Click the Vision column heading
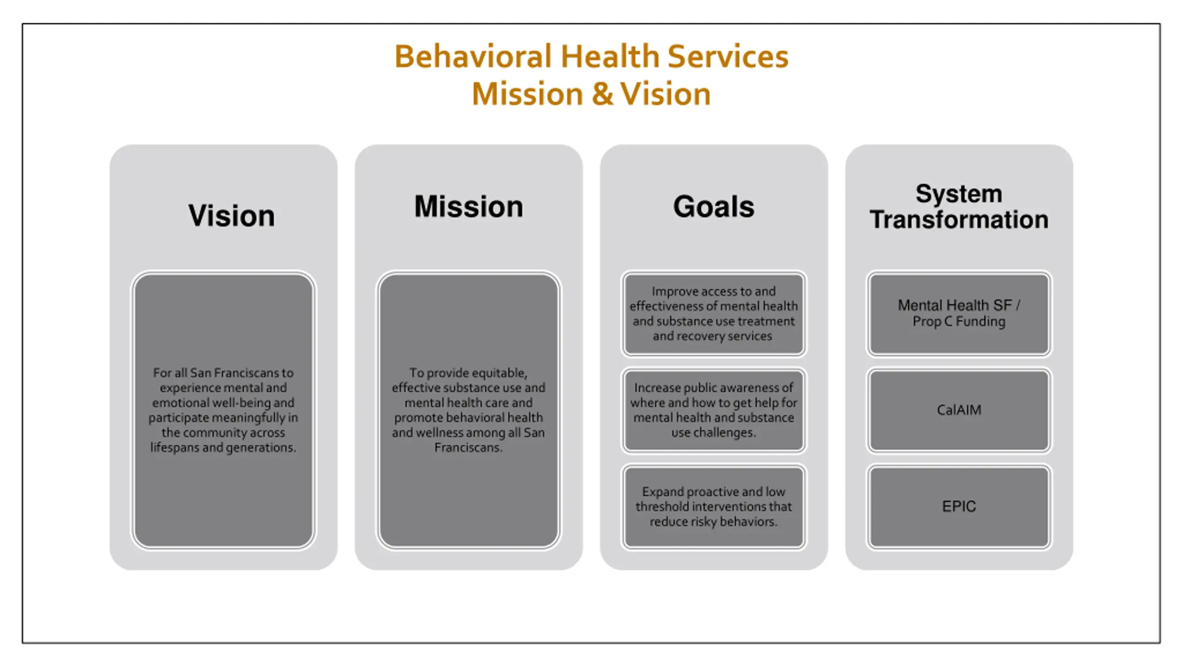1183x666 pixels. (231, 216)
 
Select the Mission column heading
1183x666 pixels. (469, 206)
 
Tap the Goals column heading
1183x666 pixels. (713, 206)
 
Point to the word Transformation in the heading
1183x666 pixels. (959, 219)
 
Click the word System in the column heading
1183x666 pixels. (959, 193)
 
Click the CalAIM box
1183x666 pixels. (959, 410)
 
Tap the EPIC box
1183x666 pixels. (959, 506)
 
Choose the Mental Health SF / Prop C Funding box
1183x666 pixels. (959, 314)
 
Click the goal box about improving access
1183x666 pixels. (713, 314)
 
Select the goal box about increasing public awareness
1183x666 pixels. (713, 410)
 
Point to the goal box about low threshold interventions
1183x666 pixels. (713, 506)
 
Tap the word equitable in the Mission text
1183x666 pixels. (499, 373)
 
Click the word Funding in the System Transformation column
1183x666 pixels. (980, 321)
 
